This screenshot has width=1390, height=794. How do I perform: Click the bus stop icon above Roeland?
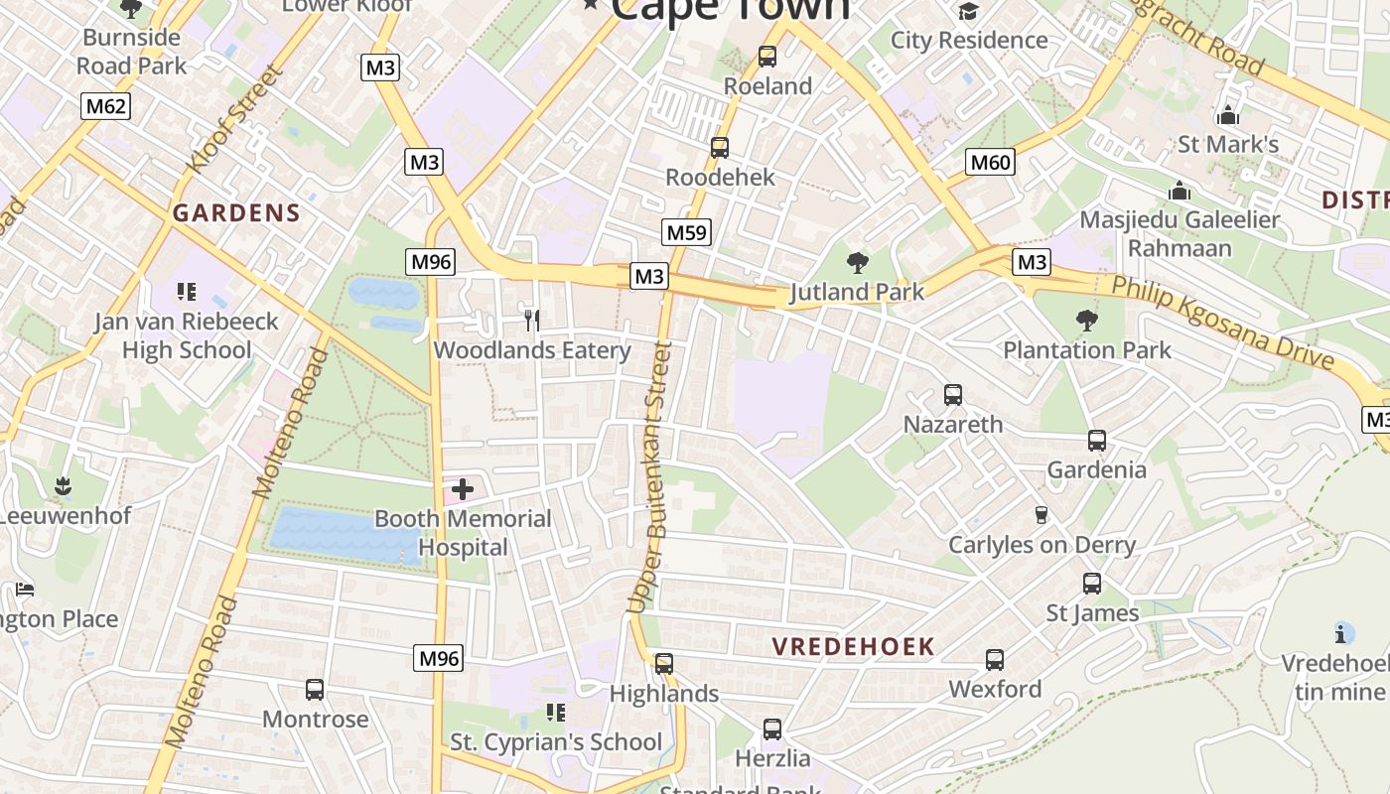coord(767,57)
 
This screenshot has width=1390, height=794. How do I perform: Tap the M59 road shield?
coord(686,233)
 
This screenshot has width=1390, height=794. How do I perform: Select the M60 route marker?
coord(990,162)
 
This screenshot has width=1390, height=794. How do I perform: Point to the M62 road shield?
coord(105,105)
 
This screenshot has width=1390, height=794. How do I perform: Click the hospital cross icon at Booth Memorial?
coord(463,488)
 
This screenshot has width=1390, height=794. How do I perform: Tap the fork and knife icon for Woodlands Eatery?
coord(533,320)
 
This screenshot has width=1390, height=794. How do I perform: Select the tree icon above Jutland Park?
coord(857,263)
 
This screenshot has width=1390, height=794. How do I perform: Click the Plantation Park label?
coord(1086,349)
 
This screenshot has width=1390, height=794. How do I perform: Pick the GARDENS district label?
coord(236,212)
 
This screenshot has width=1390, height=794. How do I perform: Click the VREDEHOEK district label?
coord(854,647)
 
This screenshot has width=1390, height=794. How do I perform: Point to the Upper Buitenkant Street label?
coord(650,476)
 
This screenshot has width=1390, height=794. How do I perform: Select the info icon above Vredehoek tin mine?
coord(1343,633)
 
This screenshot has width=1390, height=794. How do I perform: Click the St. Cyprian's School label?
coord(556,741)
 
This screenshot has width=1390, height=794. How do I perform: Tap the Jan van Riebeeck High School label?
coord(186,335)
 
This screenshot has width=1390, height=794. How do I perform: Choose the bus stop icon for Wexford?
coord(995,660)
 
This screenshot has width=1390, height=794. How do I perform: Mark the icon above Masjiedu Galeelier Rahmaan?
coord(1179,190)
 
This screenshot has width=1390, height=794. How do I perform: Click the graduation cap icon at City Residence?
coord(967,11)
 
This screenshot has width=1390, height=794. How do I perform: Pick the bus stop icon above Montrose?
coord(315,690)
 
